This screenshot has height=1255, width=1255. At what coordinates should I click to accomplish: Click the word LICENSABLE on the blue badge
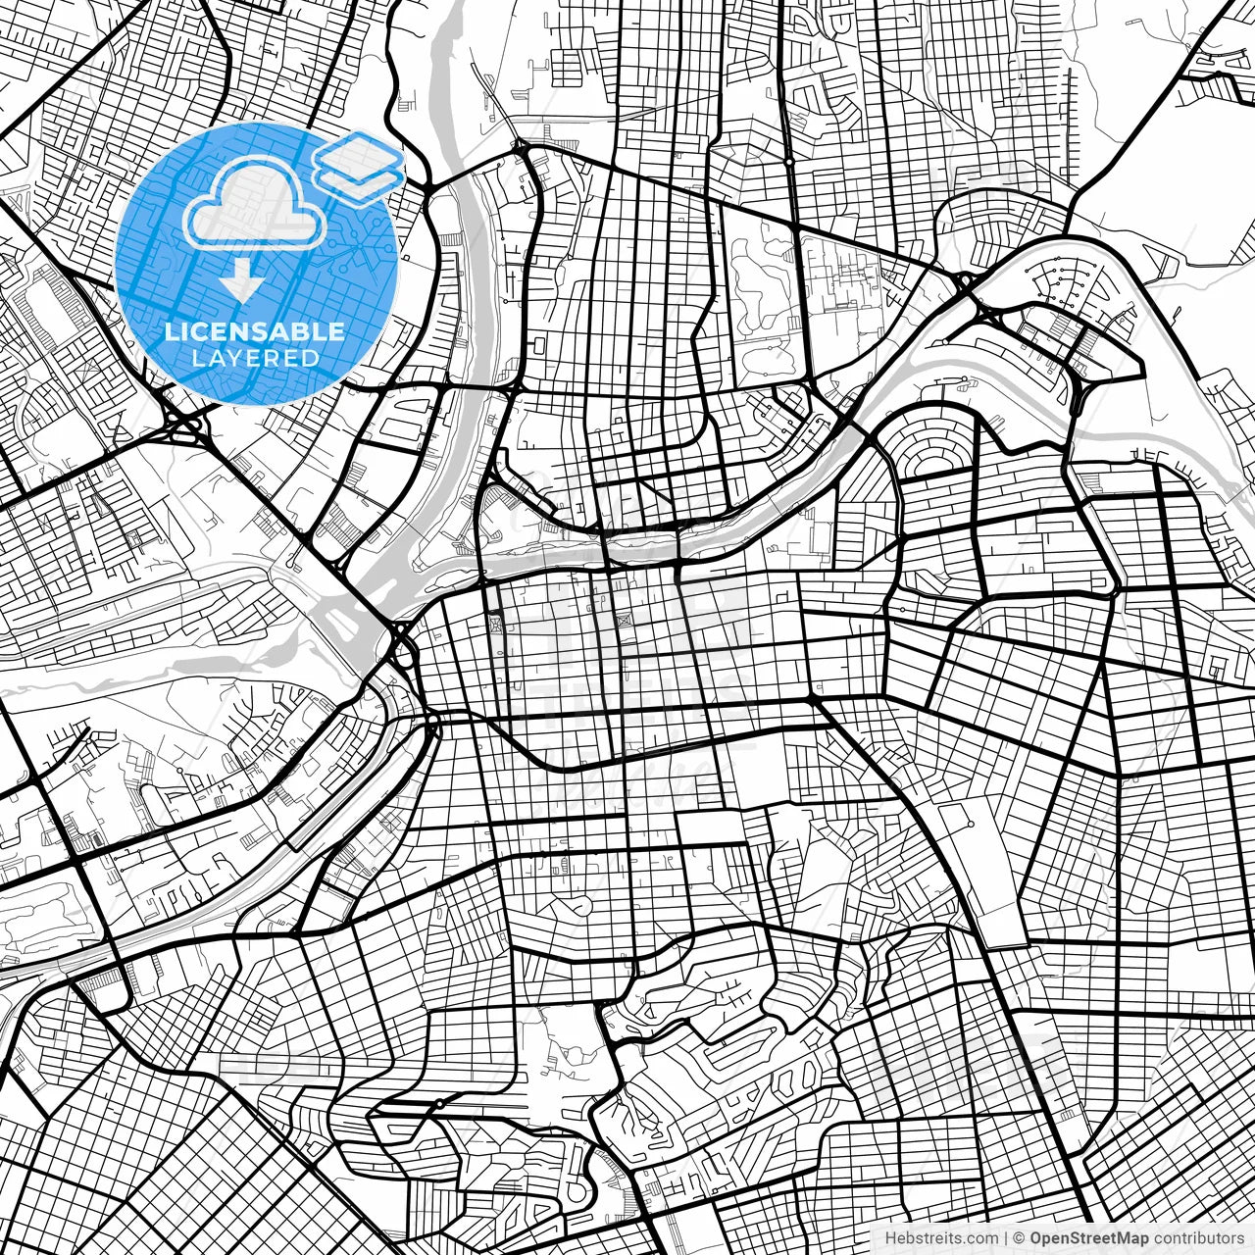click(255, 331)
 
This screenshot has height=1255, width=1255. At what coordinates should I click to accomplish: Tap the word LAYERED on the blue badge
click(255, 358)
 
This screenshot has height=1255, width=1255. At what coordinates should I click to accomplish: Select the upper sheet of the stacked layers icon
click(358, 155)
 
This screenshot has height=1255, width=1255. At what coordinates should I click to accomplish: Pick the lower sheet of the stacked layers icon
click(358, 176)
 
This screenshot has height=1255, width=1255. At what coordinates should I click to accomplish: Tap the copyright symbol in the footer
click(1020, 1237)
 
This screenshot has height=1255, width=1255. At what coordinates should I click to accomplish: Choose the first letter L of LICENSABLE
click(171, 331)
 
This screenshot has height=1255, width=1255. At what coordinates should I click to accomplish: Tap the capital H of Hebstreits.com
click(891, 1237)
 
